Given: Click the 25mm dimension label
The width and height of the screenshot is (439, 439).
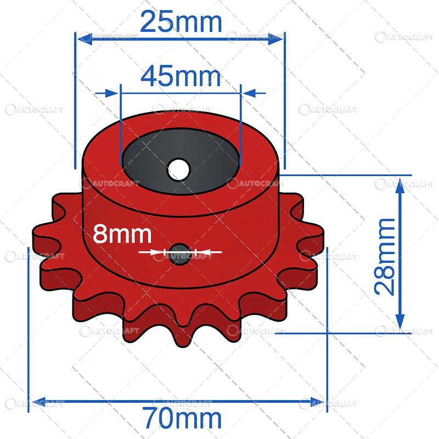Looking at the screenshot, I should (181, 22).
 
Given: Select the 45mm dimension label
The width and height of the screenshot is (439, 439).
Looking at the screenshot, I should (181, 77).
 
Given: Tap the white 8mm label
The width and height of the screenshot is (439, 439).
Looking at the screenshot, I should (122, 234).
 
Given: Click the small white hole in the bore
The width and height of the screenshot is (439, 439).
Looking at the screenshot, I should (178, 169).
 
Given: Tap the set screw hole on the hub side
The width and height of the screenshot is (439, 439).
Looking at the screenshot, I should (179, 254).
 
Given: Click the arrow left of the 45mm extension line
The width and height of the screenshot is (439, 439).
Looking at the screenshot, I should (110, 93).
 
